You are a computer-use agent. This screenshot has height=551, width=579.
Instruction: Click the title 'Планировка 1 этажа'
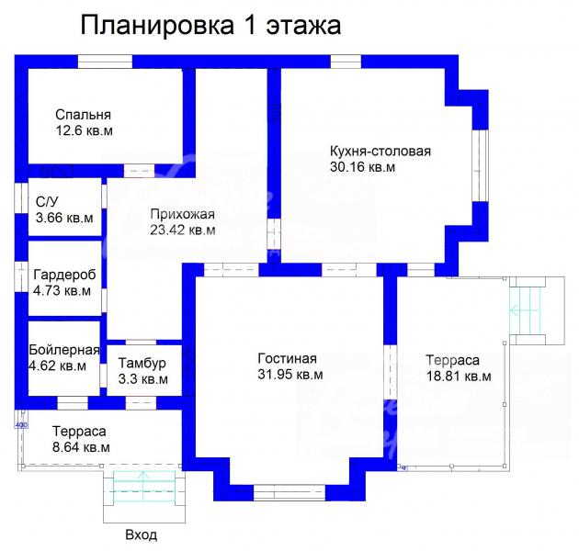(210, 26)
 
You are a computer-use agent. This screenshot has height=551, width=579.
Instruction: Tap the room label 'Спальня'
(83, 115)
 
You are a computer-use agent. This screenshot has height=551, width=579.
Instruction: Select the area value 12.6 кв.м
(85, 130)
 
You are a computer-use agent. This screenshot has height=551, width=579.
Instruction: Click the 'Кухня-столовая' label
(380, 152)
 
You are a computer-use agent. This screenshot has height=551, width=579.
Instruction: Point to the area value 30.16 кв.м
(362, 167)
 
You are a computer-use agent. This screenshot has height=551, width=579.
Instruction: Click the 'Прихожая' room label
(182, 214)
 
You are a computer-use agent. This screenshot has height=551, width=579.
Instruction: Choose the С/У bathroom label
(47, 202)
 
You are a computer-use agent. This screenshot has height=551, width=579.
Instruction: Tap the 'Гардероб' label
(64, 275)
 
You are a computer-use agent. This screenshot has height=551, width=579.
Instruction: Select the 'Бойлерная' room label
(64, 350)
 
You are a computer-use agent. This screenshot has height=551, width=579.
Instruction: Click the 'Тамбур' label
(142, 363)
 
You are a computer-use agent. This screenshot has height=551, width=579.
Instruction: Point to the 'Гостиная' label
(288, 359)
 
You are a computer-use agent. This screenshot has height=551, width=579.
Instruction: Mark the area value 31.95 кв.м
(290, 375)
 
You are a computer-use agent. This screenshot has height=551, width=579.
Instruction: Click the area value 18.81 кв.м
(459, 377)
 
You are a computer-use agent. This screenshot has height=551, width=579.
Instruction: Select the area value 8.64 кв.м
(81, 447)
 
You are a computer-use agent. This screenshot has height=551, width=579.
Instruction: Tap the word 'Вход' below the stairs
(142, 535)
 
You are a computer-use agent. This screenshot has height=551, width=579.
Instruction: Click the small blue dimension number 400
(21, 425)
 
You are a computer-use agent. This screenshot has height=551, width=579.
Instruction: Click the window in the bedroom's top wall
(105, 62)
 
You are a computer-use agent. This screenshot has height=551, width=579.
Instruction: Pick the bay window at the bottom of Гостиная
(289, 493)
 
